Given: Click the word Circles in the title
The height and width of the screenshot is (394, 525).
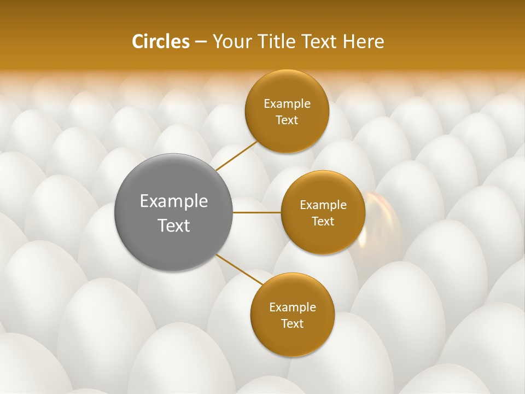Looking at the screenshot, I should pyautogui.click(x=160, y=42).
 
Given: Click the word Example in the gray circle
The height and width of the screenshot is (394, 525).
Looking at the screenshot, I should pyautogui.click(x=174, y=201).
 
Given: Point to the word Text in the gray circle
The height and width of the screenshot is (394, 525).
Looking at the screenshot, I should pyautogui.click(x=174, y=225).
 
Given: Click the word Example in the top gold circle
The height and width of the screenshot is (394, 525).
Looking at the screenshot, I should pyautogui.click(x=287, y=104).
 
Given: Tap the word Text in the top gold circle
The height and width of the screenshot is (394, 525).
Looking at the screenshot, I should pyautogui.click(x=287, y=120).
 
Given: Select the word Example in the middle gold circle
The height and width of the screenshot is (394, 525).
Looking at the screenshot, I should pyautogui.click(x=323, y=205).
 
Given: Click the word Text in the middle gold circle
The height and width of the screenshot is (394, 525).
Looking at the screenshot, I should pyautogui.click(x=323, y=222).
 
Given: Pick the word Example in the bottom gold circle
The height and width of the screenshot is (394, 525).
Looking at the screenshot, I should pyautogui.click(x=293, y=308).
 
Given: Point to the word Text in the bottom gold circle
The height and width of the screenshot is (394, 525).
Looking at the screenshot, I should pyautogui.click(x=292, y=324).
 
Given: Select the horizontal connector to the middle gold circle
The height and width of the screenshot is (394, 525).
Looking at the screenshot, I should pyautogui.click(x=257, y=212).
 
